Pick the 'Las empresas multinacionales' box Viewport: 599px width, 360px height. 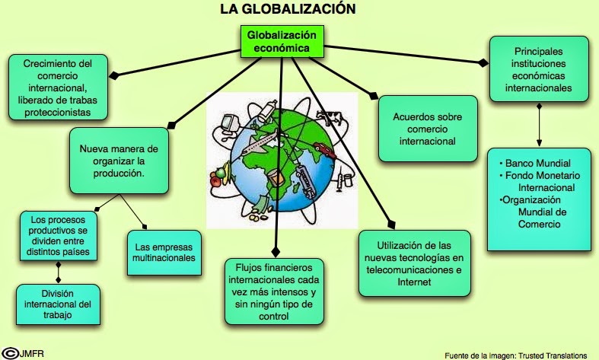pos(164,252)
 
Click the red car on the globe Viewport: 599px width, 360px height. pos(323,151)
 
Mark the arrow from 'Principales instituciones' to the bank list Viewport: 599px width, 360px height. pos(539,125)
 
